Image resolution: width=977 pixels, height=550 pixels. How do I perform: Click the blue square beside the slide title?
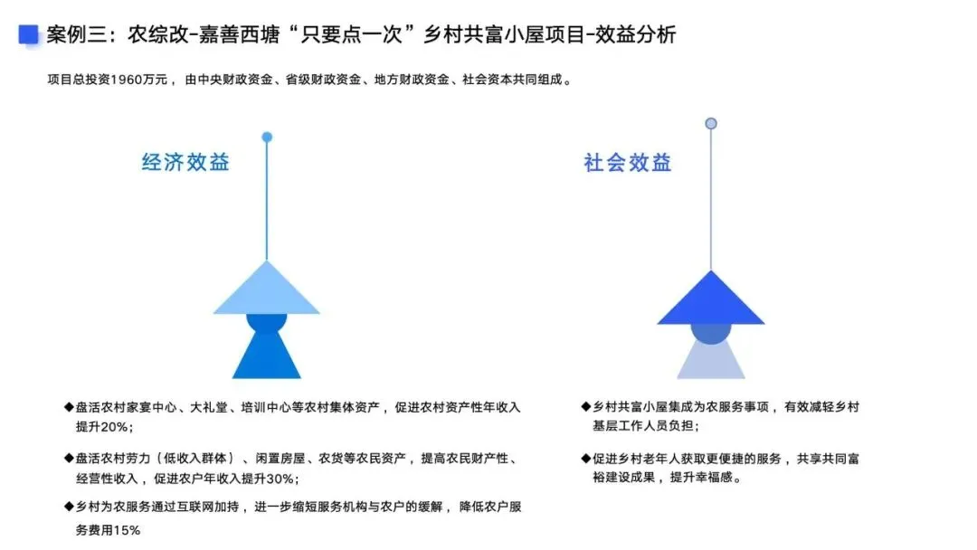click(29, 34)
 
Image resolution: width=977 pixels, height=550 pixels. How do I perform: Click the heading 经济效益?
click(185, 162)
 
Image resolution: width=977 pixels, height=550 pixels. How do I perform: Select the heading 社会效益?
click(627, 163)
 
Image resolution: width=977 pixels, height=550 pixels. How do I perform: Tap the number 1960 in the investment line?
click(127, 80)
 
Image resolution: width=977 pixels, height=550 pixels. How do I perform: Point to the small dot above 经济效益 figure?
click(267, 137)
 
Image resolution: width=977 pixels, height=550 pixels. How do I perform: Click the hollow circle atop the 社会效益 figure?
click(711, 123)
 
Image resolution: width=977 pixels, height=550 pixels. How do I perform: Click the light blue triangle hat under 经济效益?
click(267, 289)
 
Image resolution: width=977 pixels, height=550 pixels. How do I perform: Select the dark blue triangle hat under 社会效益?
click(711, 299)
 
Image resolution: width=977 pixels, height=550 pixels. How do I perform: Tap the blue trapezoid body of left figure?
click(267, 356)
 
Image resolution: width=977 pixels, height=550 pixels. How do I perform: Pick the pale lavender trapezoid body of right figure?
click(711, 362)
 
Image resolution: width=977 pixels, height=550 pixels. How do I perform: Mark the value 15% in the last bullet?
click(127, 530)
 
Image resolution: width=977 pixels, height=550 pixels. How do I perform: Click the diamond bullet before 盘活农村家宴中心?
click(69, 407)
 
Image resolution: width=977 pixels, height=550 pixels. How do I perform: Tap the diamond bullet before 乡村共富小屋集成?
click(585, 407)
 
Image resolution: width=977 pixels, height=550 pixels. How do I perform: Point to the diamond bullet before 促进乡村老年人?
click(585, 459)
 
